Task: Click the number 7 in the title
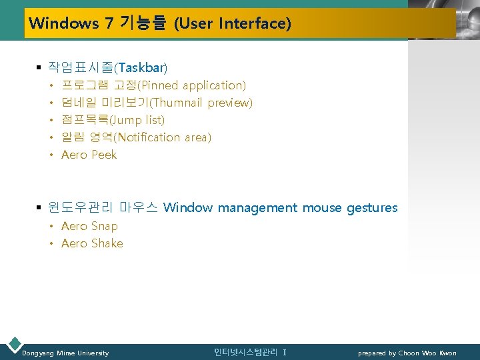[108, 24]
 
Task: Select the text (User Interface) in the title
[232, 24]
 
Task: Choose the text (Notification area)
[163, 137]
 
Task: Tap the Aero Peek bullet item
[89, 155]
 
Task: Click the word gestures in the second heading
[371, 208]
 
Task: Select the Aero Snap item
[89, 226]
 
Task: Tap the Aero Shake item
[92, 243]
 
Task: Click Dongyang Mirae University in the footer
[65, 353]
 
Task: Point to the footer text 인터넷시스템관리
[246, 352]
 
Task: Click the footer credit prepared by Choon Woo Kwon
[407, 353]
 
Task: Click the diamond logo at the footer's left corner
[13, 345]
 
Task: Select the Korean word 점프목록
[84, 120]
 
